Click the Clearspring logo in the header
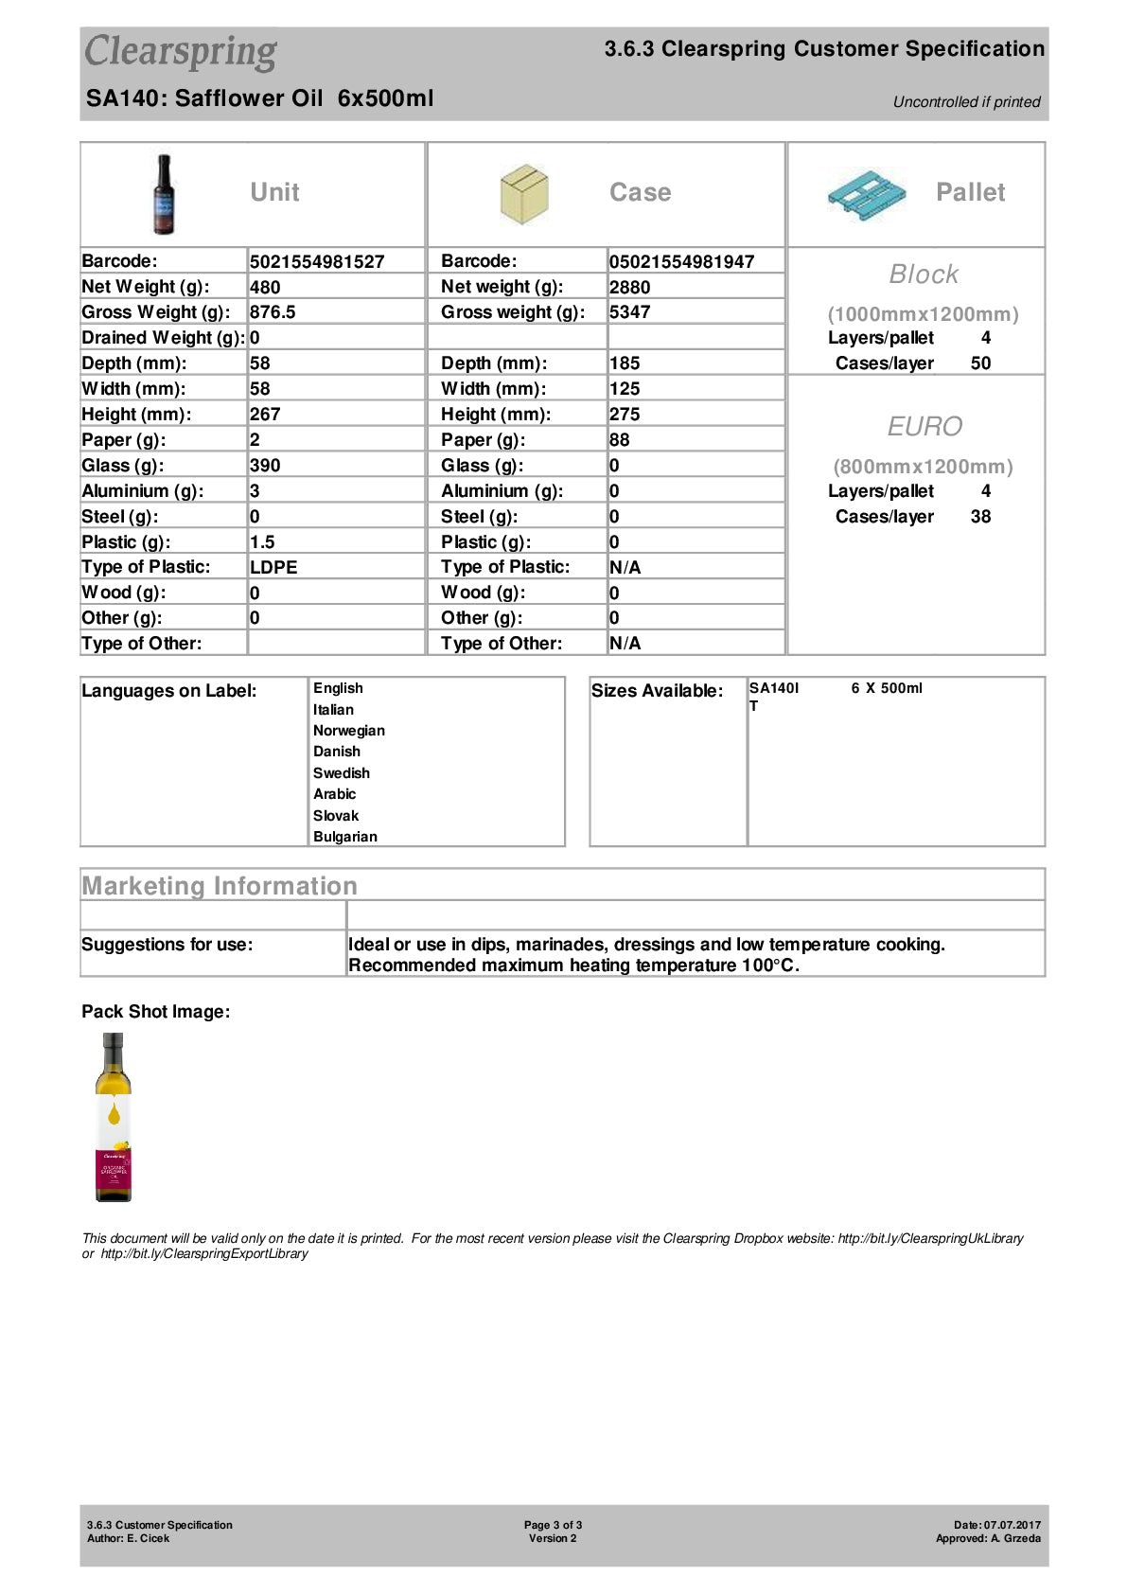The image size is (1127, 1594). coord(181,52)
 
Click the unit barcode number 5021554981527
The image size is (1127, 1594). coord(317,262)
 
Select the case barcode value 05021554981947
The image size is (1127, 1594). coord(681,262)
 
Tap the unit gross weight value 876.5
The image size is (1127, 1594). coord(273,312)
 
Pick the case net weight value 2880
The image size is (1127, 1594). coord(629,288)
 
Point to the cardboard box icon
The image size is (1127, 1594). coord(523,194)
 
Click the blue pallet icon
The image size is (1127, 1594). coord(866,195)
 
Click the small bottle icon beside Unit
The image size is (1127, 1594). coord(165,194)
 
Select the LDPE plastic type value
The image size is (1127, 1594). coord(273,568)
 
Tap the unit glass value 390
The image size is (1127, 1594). coord(265,466)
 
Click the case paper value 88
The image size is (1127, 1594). coord(620,440)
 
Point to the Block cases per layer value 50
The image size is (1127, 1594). coord(980,363)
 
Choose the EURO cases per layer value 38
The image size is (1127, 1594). coord(980,517)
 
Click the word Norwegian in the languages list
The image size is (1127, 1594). coord(349,731)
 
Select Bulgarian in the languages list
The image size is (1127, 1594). coord(345,837)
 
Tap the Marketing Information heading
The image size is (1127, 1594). coord(220,886)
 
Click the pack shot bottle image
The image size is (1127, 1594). coord(114,1117)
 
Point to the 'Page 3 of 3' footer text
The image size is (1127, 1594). coord(553,1525)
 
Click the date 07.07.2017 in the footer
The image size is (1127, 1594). coord(1012,1525)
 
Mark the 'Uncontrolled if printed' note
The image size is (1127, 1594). coord(966,102)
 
